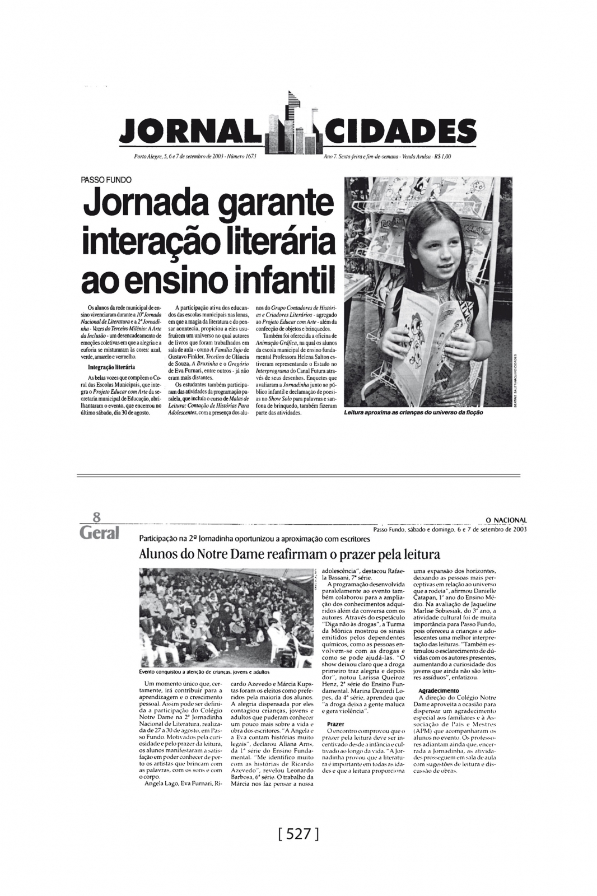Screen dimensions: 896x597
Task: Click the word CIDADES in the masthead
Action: click(401, 132)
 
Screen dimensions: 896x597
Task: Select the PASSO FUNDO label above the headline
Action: click(106, 180)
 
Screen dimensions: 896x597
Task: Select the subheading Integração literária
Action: click(111, 367)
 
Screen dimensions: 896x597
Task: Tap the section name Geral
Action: click(100, 533)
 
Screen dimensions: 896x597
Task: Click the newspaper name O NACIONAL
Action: click(502, 520)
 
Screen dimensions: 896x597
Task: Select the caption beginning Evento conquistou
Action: click(204, 671)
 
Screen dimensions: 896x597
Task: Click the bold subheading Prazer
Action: click(335, 724)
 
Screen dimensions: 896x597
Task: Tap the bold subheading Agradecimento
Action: click(439, 690)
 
